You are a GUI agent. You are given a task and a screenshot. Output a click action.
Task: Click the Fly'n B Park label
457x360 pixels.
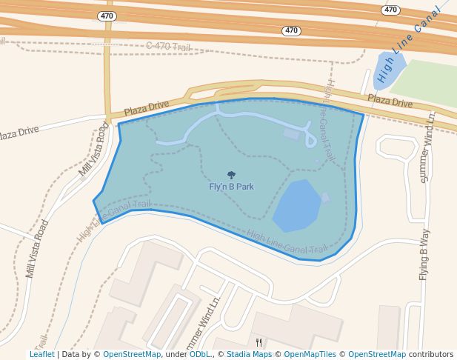(x=231, y=187)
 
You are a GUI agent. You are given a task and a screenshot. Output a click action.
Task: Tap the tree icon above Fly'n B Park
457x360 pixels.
(x=231, y=176)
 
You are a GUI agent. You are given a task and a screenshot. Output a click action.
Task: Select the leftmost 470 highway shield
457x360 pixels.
(x=107, y=16)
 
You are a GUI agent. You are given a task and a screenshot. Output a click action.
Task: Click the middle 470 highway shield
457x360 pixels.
(x=292, y=31)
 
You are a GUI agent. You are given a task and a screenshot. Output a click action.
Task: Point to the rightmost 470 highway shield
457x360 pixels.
(x=391, y=10)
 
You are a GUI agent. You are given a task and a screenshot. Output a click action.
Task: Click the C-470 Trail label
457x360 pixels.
(x=168, y=47)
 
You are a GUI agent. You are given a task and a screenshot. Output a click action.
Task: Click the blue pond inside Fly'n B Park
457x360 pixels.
(x=298, y=205)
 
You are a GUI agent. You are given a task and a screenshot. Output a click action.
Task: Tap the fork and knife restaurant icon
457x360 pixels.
(x=258, y=342)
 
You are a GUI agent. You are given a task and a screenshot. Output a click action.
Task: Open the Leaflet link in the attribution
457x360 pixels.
(x=41, y=354)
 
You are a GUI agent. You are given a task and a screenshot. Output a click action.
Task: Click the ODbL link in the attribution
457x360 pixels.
(x=200, y=354)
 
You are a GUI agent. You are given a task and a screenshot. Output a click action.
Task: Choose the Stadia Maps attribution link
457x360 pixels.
(x=249, y=354)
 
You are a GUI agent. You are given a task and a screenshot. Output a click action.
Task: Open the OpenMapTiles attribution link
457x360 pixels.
(x=310, y=354)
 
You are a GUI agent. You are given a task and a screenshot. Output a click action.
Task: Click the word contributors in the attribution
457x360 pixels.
(x=430, y=354)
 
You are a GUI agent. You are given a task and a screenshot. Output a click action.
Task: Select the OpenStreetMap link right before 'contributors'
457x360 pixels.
(x=377, y=354)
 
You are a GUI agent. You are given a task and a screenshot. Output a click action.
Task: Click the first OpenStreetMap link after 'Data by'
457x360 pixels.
(x=132, y=354)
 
